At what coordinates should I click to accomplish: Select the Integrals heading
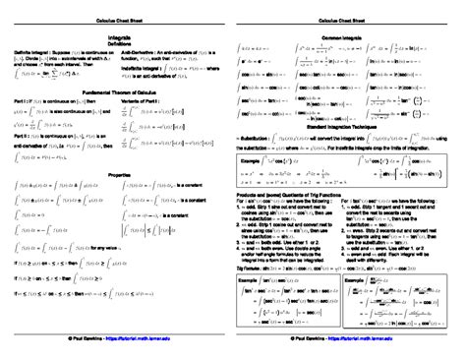[116, 34]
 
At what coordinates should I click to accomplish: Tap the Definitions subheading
[116, 42]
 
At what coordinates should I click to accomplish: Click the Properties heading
[116, 172]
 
